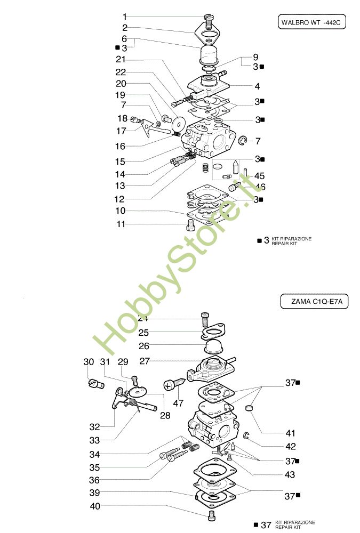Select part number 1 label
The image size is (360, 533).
tap(125, 17)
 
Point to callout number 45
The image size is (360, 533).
tap(260, 175)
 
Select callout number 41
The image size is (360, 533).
tap(290, 433)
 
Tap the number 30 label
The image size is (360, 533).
tap(89, 362)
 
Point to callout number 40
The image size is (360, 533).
tap(94, 506)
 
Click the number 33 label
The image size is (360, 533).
tap(94, 440)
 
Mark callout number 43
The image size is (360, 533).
tap(290, 474)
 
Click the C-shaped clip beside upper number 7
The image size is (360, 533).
tap(243, 141)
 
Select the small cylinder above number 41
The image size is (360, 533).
tap(248, 409)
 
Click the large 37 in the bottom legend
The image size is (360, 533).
tap(266, 525)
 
